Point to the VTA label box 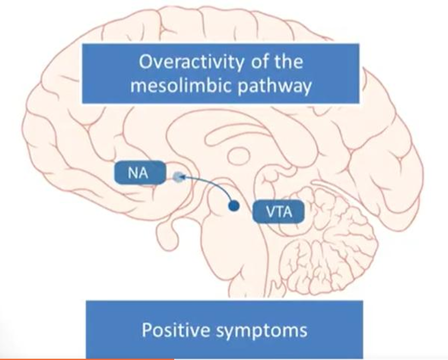click(x=278, y=213)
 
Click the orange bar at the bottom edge click(x=87, y=358)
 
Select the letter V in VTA click(x=270, y=213)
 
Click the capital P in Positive click(x=146, y=329)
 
